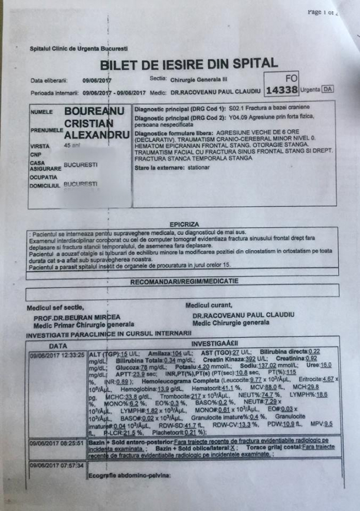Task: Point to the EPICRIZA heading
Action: tap(184, 225)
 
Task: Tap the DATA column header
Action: tap(57, 345)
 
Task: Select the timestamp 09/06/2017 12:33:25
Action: tap(57, 355)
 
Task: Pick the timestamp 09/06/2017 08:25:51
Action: tap(57, 442)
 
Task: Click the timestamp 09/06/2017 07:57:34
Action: tap(57, 465)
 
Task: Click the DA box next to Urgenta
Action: tap(328, 90)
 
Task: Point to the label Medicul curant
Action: tap(209, 306)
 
